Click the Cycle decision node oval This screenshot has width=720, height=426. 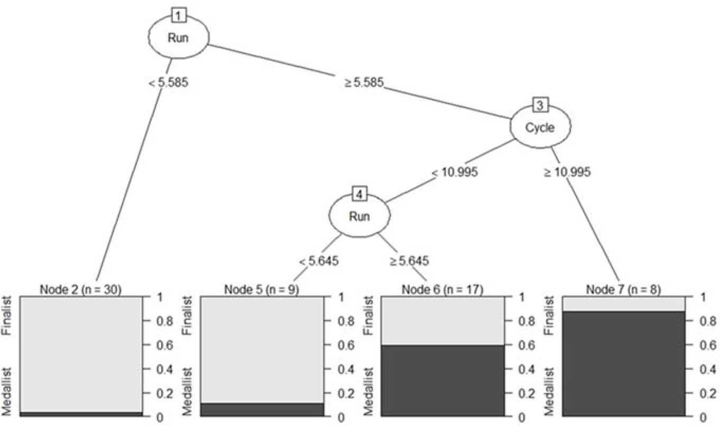[540, 127]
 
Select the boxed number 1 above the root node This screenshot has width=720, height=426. [178, 15]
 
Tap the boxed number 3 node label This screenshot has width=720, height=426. [540, 105]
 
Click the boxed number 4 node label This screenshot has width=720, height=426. [360, 194]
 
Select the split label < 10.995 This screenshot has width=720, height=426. [455, 173]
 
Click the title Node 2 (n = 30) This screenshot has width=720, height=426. [80, 289]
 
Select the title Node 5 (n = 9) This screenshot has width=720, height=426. [261, 289]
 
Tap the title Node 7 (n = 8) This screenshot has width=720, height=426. [624, 289]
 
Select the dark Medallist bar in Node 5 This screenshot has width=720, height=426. [261, 409]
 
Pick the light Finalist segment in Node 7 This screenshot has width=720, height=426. [624, 304]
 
